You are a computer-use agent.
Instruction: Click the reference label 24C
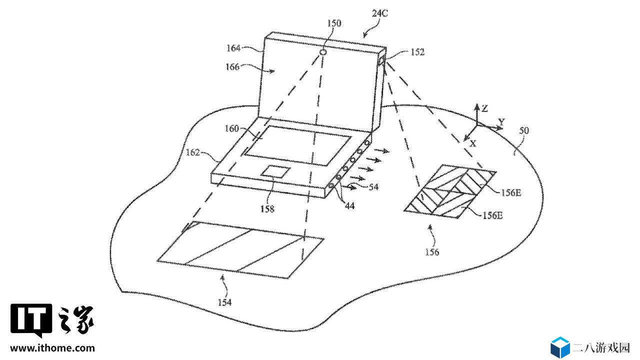[x=379, y=13]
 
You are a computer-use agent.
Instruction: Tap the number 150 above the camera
[x=334, y=23]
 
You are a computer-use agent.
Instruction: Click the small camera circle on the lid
[x=323, y=52]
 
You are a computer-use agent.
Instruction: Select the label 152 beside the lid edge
[x=417, y=52]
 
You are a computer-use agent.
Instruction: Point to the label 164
[x=233, y=48]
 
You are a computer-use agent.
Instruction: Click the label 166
[x=232, y=67]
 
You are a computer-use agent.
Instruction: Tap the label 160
[x=231, y=128]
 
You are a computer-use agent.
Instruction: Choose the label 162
[x=192, y=152]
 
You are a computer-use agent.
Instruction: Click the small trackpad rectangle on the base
[x=275, y=171]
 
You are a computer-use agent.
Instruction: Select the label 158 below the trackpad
[x=267, y=209]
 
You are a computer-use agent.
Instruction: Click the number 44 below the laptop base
[x=349, y=205]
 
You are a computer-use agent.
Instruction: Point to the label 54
[x=373, y=187]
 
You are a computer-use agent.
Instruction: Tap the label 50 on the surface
[x=524, y=130]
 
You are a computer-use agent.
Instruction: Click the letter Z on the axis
[x=484, y=108]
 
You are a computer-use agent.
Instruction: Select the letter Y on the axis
[x=501, y=122]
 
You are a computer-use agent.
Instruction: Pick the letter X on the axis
[x=473, y=143]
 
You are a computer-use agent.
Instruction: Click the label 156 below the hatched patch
[x=431, y=252]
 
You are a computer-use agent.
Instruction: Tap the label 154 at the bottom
[x=224, y=302]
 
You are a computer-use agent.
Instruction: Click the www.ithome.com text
[x=52, y=348]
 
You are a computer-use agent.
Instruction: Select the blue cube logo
[x=560, y=347]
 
